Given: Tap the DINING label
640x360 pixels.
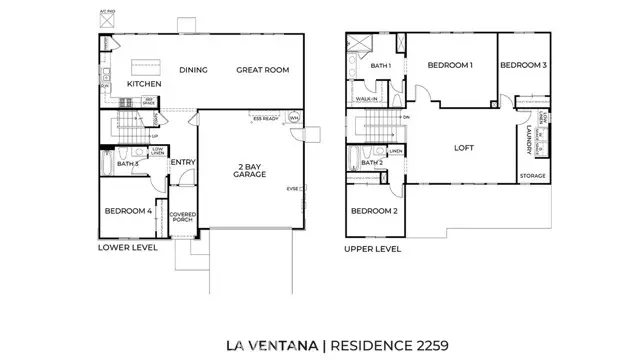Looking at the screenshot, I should coord(193,70).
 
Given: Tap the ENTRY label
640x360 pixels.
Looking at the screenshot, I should coord(182,162).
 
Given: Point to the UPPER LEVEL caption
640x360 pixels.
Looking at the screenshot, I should coord(373,248).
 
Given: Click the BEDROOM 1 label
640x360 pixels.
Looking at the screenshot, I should coord(450,65).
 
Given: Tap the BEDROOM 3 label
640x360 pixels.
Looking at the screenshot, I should coord(523,65).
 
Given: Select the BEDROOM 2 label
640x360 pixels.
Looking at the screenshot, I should coord(373,211).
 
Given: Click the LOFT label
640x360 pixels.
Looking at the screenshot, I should coord(463,147).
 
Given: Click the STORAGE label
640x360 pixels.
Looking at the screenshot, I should coord(533,176).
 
